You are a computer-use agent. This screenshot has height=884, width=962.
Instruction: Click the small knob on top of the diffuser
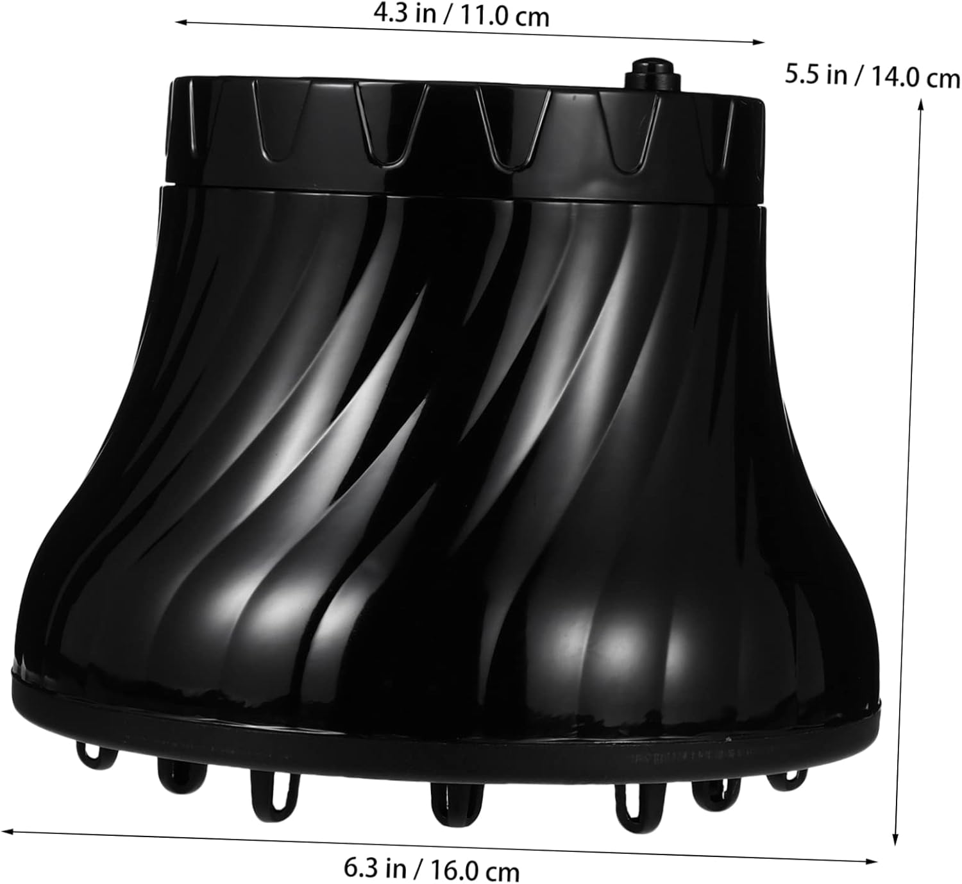click(652, 74)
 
